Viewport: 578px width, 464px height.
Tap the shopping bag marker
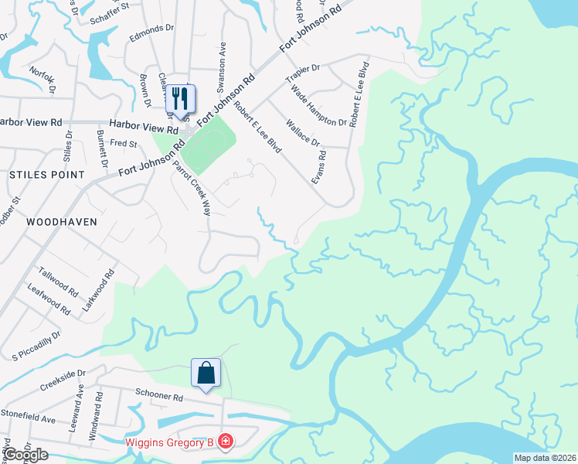click(206, 374)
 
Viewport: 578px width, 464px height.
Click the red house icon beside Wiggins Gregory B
click(225, 442)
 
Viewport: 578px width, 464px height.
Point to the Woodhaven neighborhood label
click(62, 221)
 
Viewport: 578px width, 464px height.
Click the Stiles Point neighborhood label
click(46, 175)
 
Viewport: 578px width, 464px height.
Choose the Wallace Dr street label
click(302, 131)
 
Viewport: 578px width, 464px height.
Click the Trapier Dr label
click(302, 74)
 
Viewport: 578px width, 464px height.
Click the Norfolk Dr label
click(43, 78)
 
